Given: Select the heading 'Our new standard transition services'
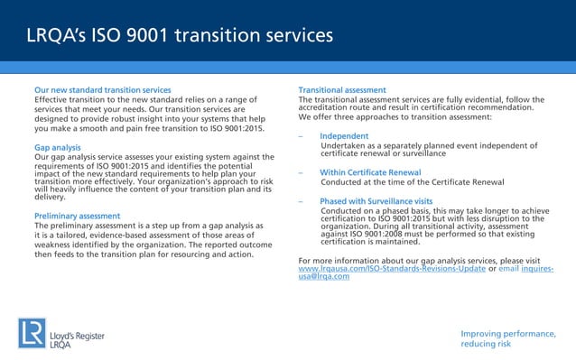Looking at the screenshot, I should pos(102,90).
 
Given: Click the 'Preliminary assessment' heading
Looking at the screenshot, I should pos(77,217).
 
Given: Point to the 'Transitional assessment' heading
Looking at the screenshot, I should pos(342,90).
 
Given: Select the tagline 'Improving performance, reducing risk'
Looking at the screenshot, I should pos(507,338).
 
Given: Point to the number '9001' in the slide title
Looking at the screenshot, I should pos(149,36).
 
